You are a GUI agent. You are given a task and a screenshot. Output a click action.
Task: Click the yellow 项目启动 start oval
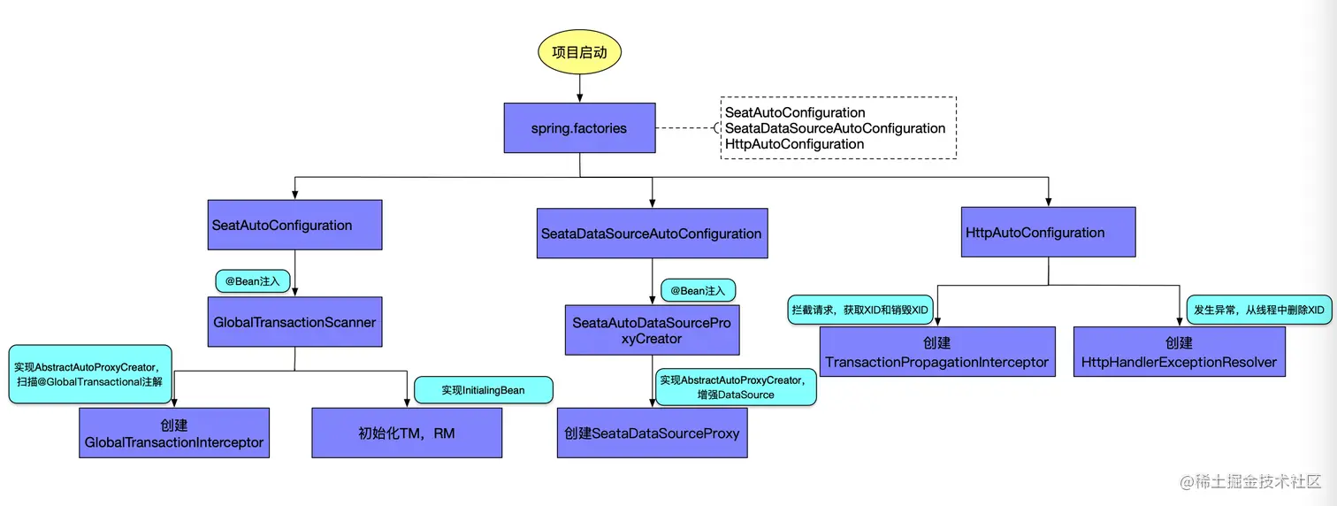coord(579,52)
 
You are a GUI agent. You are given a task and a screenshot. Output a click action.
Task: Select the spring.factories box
coord(579,128)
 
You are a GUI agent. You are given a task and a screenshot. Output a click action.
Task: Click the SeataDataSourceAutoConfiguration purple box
coord(652,234)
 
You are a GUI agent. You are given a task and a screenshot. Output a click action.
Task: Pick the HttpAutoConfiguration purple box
coord(1049,233)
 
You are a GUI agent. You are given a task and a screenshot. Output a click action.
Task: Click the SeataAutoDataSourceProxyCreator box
coord(652,331)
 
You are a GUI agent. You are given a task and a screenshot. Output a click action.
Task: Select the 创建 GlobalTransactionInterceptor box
coord(174,433)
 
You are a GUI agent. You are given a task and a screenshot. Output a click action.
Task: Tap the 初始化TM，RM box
coord(407,433)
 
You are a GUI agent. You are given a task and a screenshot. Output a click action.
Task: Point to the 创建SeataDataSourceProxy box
coord(652,433)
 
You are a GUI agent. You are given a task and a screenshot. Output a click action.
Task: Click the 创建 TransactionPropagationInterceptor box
coord(937,352)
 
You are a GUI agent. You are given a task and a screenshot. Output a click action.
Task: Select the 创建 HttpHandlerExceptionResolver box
coord(1179,352)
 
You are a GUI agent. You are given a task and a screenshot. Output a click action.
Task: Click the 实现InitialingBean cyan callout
coord(484,390)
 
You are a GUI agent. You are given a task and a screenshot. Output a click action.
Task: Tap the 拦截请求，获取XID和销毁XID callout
coord(859,310)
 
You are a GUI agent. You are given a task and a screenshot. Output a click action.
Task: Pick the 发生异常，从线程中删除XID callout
coord(1258,310)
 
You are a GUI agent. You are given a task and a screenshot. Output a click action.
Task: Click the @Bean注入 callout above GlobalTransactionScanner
coord(252,281)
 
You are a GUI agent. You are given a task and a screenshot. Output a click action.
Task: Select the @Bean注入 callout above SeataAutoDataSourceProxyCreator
coord(698,290)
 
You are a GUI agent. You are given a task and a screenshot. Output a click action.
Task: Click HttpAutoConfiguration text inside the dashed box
coord(794,144)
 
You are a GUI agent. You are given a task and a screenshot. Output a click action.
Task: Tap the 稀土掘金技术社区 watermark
coord(1250,482)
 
